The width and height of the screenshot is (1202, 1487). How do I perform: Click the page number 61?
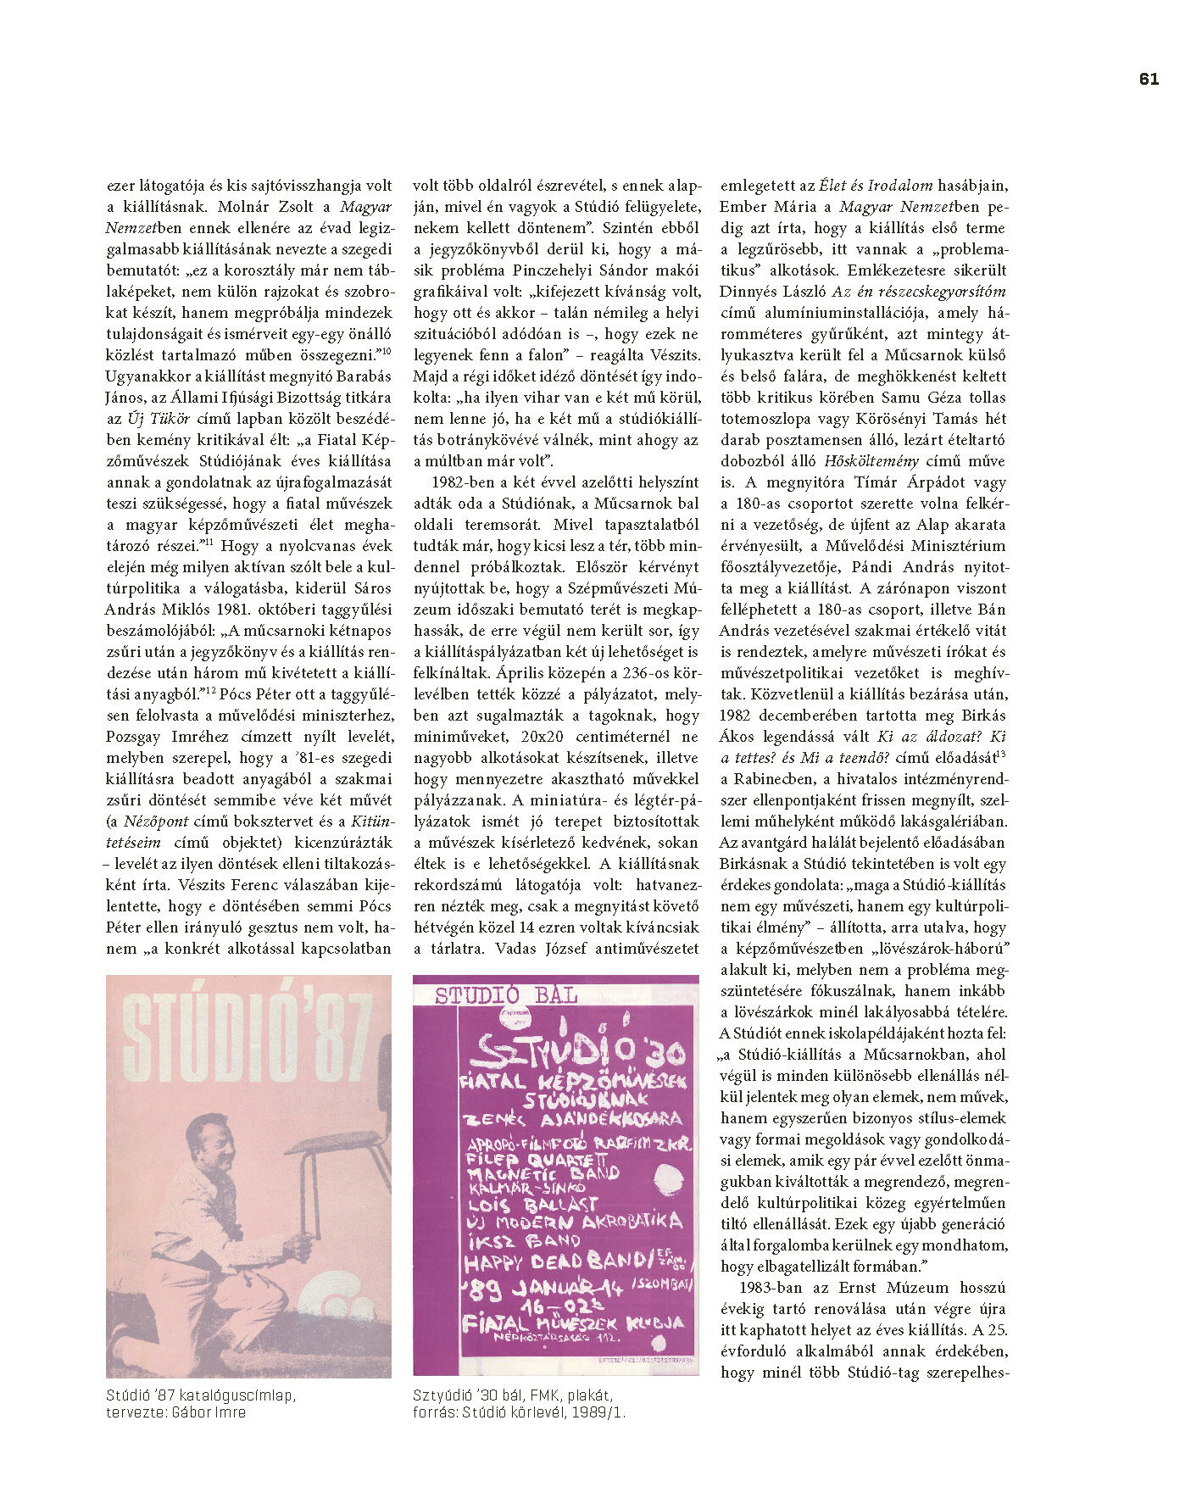click(1149, 79)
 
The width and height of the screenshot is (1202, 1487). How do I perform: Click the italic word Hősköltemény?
click(871, 461)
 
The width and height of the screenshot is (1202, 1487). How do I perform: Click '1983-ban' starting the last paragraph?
click(766, 1288)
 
